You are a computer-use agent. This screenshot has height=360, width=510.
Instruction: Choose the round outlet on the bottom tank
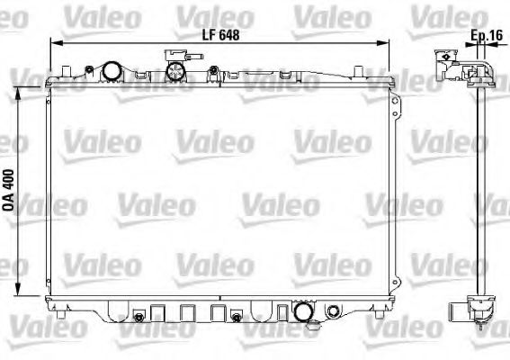click(x=305, y=313)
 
